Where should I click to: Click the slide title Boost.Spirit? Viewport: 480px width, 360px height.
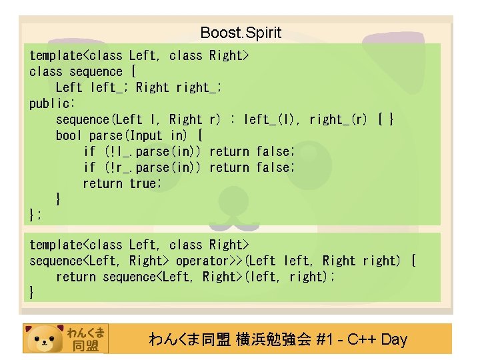coord(241,33)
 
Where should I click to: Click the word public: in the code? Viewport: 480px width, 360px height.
coord(53,103)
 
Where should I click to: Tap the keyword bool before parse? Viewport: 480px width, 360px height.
coord(69,135)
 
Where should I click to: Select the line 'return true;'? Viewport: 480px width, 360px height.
coord(122,183)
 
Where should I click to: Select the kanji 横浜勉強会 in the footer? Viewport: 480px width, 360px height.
coord(273,339)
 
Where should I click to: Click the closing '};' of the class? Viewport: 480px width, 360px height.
coord(36,214)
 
